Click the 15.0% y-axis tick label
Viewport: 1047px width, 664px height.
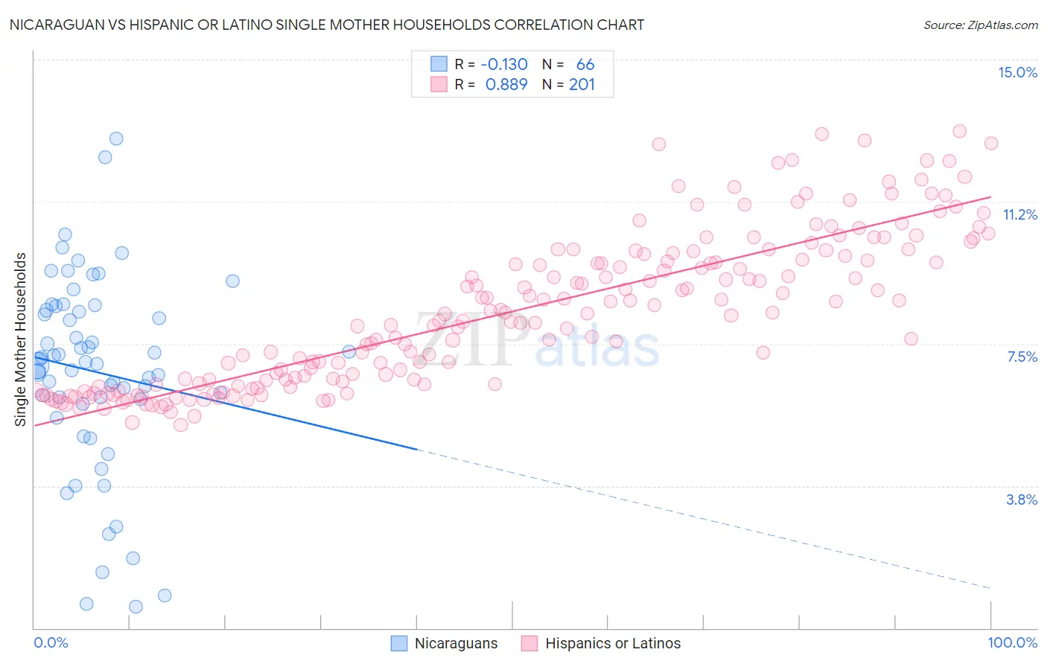point(1017,72)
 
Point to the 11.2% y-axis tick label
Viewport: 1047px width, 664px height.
point(1019,214)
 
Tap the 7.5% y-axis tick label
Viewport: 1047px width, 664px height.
point(1022,357)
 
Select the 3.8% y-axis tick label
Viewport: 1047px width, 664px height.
point(1022,499)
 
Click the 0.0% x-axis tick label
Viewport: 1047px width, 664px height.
point(51,642)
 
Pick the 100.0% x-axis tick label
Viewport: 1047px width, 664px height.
point(1012,642)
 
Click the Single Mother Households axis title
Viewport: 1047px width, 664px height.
point(20,339)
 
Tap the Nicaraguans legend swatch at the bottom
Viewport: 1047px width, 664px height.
point(399,643)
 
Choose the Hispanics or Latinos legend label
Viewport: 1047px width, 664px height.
point(613,643)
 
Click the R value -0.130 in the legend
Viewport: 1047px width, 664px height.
point(504,65)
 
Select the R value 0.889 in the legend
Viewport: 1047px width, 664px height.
point(506,85)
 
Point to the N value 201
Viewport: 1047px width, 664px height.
point(582,85)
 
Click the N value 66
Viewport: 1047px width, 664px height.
point(585,65)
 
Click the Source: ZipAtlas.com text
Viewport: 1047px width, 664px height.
point(980,25)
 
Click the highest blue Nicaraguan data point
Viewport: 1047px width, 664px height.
point(116,138)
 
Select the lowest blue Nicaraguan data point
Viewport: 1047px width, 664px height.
point(136,607)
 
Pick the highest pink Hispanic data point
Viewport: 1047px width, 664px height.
point(960,131)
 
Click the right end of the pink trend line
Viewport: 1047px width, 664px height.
point(991,197)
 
